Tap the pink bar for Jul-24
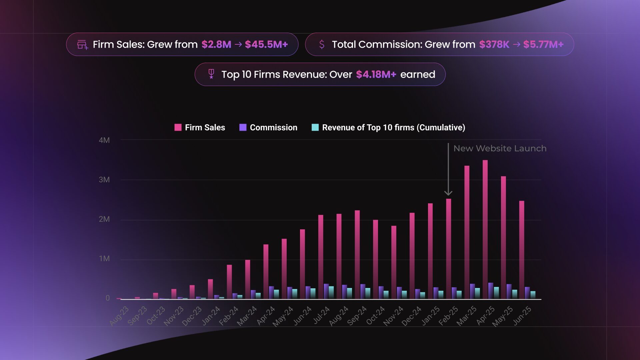click(321, 257)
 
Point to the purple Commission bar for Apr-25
click(491, 291)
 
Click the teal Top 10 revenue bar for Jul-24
click(331, 293)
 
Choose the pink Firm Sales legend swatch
click(178, 127)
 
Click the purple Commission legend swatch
click(243, 127)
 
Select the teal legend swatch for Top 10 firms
click(315, 127)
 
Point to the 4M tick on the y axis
click(104, 140)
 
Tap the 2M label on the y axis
click(104, 219)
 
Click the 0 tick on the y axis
click(108, 298)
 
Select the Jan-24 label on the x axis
click(211, 316)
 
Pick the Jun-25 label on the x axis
click(522, 316)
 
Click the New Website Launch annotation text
click(500, 148)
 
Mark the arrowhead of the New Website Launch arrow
click(448, 193)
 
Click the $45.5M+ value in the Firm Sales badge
click(266, 44)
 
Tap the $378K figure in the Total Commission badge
click(494, 44)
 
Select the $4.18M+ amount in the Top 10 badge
click(376, 74)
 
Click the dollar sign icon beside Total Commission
click(322, 44)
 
